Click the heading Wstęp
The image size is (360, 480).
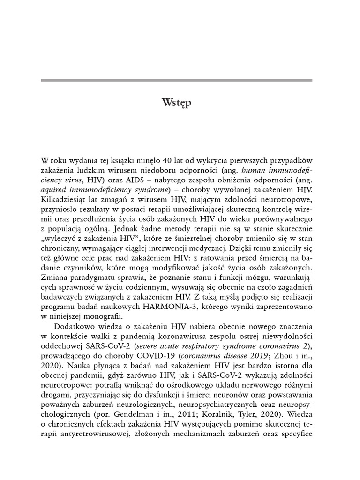click(x=176, y=103)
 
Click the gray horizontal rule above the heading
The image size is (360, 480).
click(x=176, y=80)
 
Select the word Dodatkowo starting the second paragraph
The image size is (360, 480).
click(x=75, y=327)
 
